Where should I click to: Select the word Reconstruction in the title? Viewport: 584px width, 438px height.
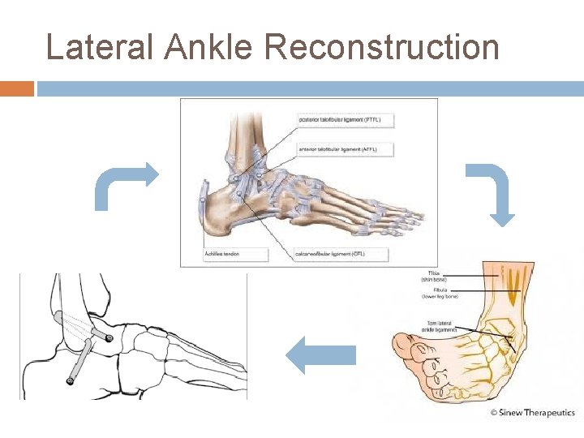[382, 47]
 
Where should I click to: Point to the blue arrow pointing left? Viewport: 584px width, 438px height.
[322, 357]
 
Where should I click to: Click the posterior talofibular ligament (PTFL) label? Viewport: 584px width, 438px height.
[339, 120]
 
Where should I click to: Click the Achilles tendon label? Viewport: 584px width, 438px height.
[223, 254]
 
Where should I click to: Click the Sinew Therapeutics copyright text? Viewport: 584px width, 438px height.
[533, 413]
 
